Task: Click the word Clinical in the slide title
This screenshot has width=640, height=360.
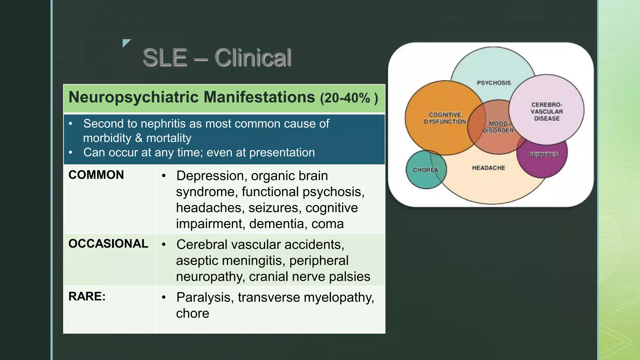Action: [253, 58]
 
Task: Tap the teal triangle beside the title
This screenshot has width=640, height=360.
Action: [126, 42]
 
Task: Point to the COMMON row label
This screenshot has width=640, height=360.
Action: [96, 175]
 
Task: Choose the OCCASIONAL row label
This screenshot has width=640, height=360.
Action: [108, 244]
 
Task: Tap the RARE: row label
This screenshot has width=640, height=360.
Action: [87, 297]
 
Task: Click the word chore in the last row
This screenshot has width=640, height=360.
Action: [192, 313]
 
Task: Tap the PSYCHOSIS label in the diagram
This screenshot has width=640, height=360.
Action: [494, 83]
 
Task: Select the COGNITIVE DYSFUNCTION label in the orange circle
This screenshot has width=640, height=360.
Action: [445, 118]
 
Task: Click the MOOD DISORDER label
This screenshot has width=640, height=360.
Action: [498, 127]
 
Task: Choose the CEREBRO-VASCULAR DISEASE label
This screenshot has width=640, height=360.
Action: [547, 112]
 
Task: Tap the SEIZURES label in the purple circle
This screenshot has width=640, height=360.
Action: [543, 155]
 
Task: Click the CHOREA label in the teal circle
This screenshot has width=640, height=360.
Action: [426, 170]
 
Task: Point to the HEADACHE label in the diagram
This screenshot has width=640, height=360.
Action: [488, 168]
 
